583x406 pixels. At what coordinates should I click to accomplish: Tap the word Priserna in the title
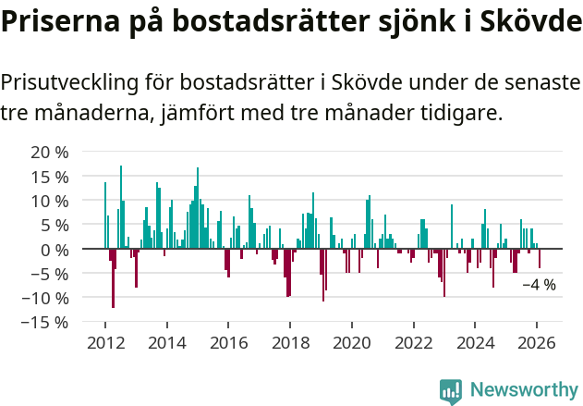57,22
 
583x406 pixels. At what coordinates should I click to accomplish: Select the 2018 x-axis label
290,342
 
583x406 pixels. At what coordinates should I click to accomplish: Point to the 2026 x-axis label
537,342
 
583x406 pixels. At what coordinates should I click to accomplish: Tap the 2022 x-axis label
413,342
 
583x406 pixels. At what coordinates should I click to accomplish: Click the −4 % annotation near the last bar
539,285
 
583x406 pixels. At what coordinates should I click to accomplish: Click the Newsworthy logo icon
451,391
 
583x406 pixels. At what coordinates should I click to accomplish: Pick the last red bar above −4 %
540,258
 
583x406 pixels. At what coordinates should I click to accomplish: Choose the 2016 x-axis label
228,342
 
